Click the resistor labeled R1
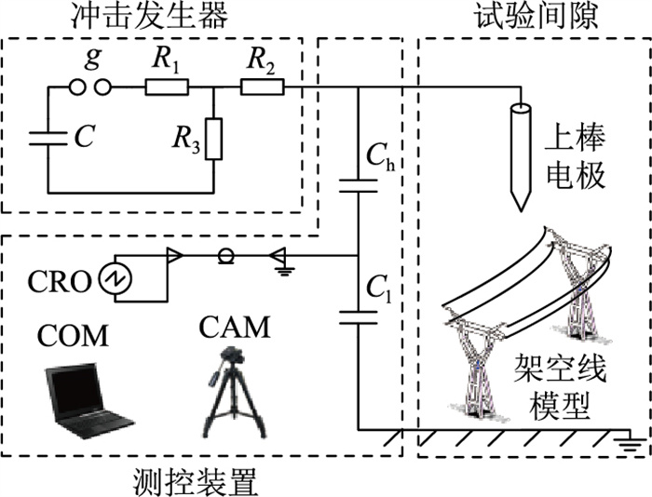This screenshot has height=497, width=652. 167,88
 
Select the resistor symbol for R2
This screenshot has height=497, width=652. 264,88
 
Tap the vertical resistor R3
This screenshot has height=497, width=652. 214,138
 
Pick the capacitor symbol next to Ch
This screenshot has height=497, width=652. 360,186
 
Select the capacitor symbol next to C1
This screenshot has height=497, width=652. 360,317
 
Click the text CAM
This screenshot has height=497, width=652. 235,328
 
